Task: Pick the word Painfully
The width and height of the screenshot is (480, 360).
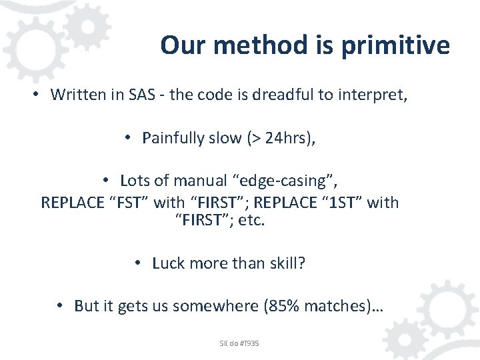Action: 173,138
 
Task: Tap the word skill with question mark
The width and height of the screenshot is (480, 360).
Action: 285,263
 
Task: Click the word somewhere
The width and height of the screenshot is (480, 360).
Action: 216,306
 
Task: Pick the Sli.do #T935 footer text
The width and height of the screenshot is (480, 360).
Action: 239,343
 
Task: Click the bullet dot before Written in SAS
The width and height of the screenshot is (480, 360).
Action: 38,95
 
